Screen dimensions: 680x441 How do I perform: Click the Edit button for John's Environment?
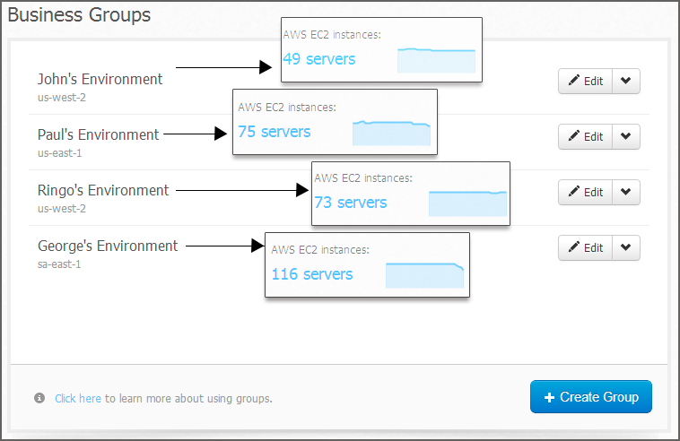[585, 81]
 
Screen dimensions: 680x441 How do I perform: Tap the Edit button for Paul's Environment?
[585, 136]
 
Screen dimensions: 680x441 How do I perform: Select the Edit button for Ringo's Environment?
[585, 192]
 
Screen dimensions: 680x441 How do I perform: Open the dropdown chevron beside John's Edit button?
[626, 81]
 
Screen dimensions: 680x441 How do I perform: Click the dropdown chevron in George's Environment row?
[626, 247]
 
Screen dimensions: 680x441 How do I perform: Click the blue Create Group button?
[590, 397]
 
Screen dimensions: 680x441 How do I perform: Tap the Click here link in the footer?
[78, 399]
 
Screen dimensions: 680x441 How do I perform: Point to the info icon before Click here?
[39, 398]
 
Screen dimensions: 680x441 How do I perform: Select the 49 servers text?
[318, 59]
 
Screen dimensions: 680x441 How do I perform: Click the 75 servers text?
[275, 132]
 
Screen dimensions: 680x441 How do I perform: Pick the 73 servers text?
[351, 203]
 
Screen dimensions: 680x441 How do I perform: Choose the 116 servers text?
[312, 274]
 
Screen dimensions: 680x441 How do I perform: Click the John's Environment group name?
[100, 79]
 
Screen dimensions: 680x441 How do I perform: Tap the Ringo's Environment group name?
[103, 190]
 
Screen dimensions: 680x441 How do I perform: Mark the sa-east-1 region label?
[59, 264]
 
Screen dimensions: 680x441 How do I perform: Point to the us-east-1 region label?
[59, 153]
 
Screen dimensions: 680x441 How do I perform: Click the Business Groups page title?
[79, 14]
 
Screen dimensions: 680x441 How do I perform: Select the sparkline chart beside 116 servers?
[424, 275]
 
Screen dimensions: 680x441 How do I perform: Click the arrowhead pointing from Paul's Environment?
[221, 134]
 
